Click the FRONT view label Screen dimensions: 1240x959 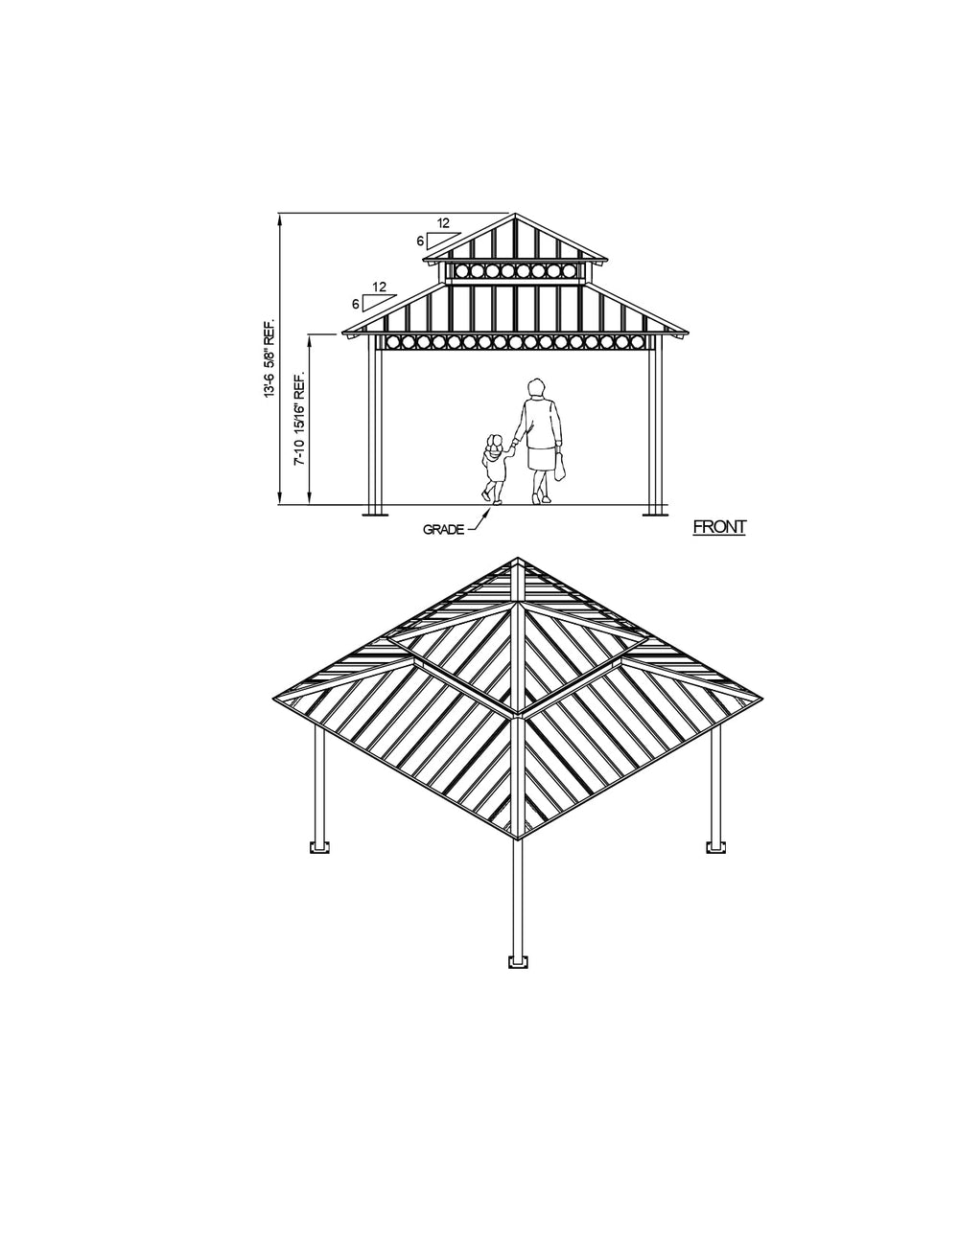pos(718,526)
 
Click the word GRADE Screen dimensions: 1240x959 pos(443,529)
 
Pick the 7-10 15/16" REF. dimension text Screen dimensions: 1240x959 pos(300,419)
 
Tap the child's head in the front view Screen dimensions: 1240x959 pos(495,444)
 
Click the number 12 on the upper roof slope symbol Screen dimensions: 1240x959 pos(443,223)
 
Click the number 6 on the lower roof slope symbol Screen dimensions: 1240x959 pos(356,303)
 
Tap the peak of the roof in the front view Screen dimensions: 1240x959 pos(514,213)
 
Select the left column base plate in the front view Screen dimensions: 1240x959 pos(375,516)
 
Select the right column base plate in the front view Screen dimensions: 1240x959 pos(654,516)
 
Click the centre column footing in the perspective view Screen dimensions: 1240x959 pos(518,961)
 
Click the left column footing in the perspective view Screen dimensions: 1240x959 pos(319,847)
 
